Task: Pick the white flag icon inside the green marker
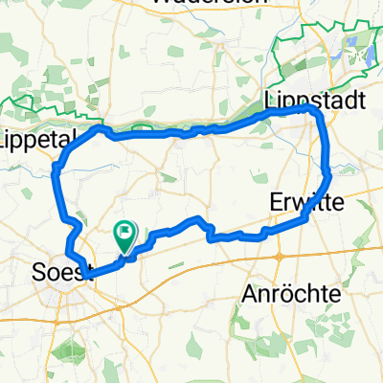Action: (x=125, y=231)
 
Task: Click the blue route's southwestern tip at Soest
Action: (x=87, y=276)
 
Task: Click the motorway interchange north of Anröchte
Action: (x=279, y=258)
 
